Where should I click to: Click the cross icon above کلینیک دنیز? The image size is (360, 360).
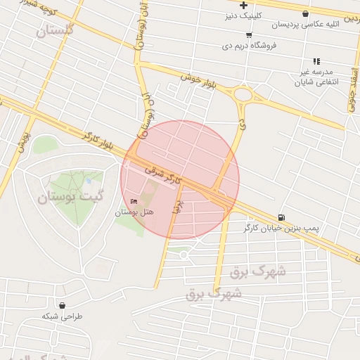[x=243, y=5]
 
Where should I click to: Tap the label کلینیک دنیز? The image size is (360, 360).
[x=243, y=15]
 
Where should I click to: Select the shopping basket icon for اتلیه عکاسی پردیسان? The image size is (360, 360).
[x=304, y=13]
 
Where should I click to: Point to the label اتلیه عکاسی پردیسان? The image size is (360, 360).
[x=304, y=25]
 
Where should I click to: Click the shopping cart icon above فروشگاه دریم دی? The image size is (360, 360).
[x=249, y=35]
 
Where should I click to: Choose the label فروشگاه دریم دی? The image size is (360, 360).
[x=249, y=46]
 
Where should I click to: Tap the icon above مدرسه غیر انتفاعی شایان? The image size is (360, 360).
[x=316, y=61]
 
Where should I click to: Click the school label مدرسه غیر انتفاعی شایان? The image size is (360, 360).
[x=321, y=77]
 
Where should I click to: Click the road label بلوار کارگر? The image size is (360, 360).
[x=97, y=139]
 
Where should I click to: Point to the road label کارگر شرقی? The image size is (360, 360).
[x=163, y=176]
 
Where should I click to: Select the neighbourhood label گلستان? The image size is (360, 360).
[x=53, y=30]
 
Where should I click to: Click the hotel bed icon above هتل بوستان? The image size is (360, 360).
[x=134, y=202]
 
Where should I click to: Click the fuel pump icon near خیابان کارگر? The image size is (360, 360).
[x=282, y=217]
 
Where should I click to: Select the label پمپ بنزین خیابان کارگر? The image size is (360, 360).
[x=281, y=228]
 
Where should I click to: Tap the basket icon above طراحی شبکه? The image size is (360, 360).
[x=64, y=306]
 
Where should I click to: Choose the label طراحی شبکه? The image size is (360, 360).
[x=62, y=316]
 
